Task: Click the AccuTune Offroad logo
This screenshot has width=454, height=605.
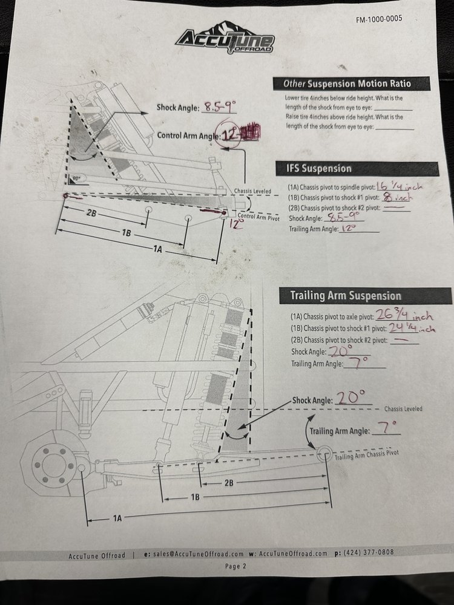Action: pyautogui.click(x=226, y=38)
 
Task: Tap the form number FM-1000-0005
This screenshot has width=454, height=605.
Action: pyautogui.click(x=379, y=19)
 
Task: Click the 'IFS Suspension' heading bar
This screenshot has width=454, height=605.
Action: pyautogui.click(x=357, y=169)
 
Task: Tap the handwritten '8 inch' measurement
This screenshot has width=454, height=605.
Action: pyautogui.click(x=396, y=197)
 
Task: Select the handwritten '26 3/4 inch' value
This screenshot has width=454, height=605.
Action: pyautogui.click(x=404, y=315)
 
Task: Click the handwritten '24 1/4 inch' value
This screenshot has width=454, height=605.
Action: pyautogui.click(x=412, y=328)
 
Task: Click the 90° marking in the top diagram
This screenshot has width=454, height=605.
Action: pyautogui.click(x=77, y=178)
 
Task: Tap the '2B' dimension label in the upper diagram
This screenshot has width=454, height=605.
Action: pyautogui.click(x=91, y=213)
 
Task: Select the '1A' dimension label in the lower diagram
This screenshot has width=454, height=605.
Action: pyautogui.click(x=117, y=518)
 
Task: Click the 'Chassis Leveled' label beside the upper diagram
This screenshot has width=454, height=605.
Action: pyautogui.click(x=252, y=191)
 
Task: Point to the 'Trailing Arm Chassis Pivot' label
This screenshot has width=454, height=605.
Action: pyautogui.click(x=366, y=454)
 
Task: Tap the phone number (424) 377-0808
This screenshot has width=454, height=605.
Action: pyautogui.click(x=369, y=552)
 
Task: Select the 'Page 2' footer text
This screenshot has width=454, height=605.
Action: pyautogui.click(x=235, y=566)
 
